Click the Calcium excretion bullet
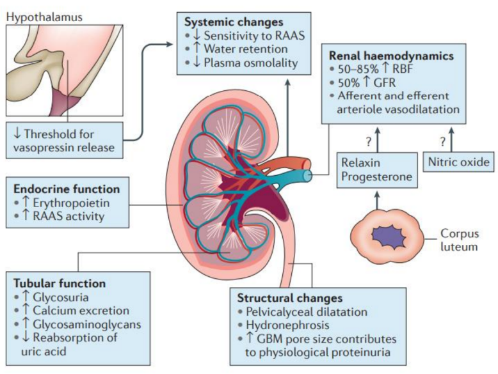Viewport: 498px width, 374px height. [72, 311]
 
